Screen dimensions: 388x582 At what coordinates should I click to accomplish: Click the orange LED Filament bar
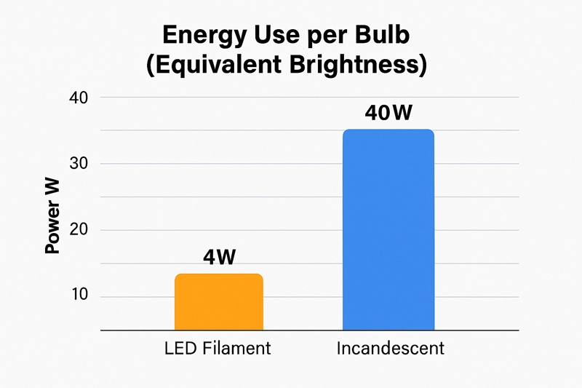pos(218,302)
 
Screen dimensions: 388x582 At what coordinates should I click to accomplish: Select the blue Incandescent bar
pos(388,229)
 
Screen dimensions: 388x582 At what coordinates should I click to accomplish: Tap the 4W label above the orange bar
pos(218,258)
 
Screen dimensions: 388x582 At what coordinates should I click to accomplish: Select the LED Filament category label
pos(218,349)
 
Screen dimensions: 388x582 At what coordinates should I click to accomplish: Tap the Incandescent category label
pos(390,349)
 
